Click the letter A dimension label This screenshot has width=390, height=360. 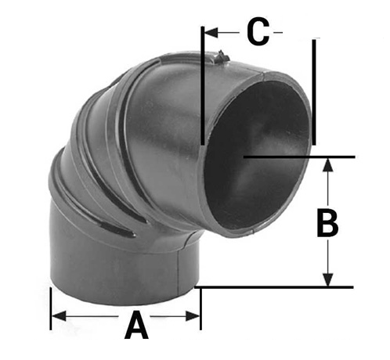click(136, 324)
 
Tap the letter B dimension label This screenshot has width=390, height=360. click(327, 223)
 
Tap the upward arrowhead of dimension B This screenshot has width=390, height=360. click(328, 164)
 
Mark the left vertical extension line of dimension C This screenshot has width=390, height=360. click(202, 86)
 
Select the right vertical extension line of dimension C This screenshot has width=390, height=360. click(314, 90)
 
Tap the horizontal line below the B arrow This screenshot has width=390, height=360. click(274, 287)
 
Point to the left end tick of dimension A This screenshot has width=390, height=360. click(50, 309)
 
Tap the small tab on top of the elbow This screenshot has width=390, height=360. click(222, 56)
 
